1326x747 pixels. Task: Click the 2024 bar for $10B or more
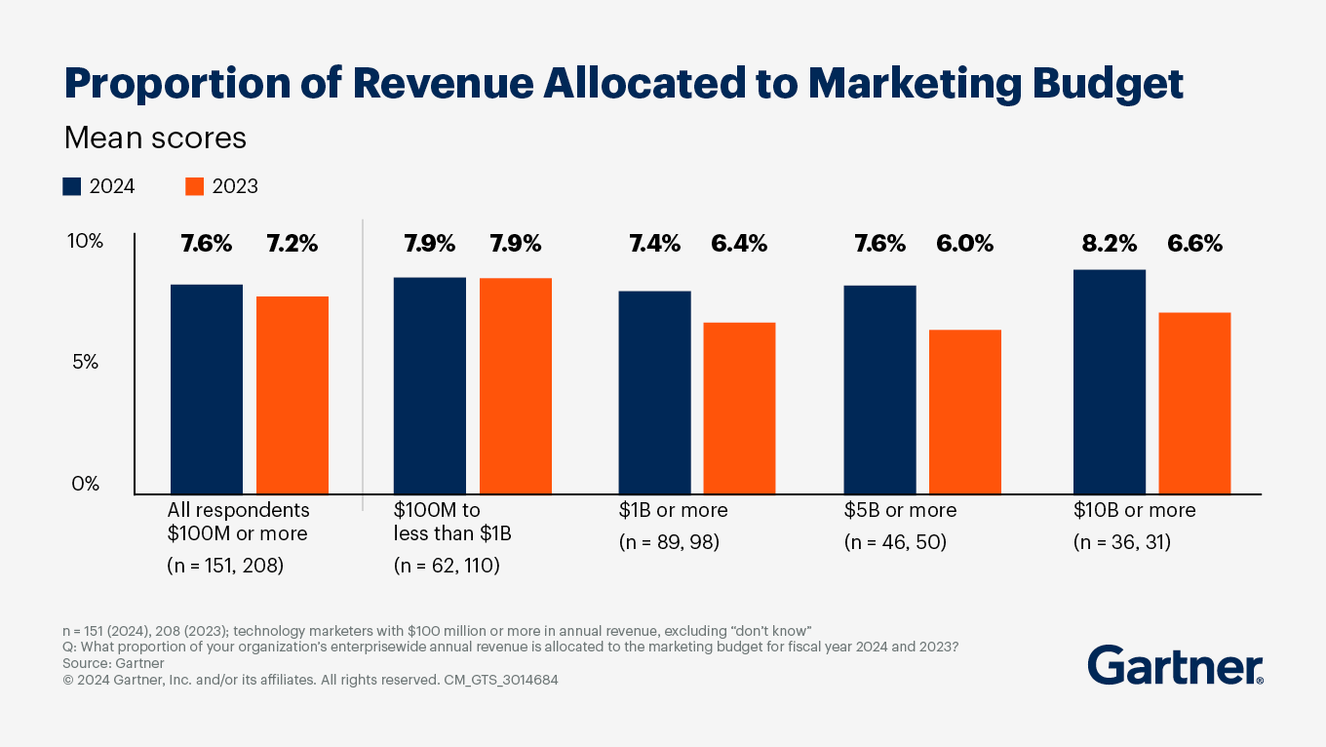point(1109,381)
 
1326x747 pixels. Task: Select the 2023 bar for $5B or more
point(964,412)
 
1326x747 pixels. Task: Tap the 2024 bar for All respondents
point(207,389)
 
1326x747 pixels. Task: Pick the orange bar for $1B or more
point(739,408)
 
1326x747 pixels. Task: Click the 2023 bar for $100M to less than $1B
point(515,386)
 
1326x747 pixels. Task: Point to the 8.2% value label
point(1109,244)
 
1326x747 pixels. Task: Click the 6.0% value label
point(964,244)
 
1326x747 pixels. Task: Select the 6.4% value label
point(739,244)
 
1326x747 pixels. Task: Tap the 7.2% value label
point(292,244)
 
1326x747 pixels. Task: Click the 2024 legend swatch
point(72,186)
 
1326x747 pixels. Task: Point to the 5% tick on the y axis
point(85,363)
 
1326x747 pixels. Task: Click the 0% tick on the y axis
point(85,484)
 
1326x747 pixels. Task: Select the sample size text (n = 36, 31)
point(1121,542)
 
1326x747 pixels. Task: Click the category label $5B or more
point(900,510)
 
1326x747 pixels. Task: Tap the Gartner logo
point(1175,665)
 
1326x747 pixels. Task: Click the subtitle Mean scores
point(155,138)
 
